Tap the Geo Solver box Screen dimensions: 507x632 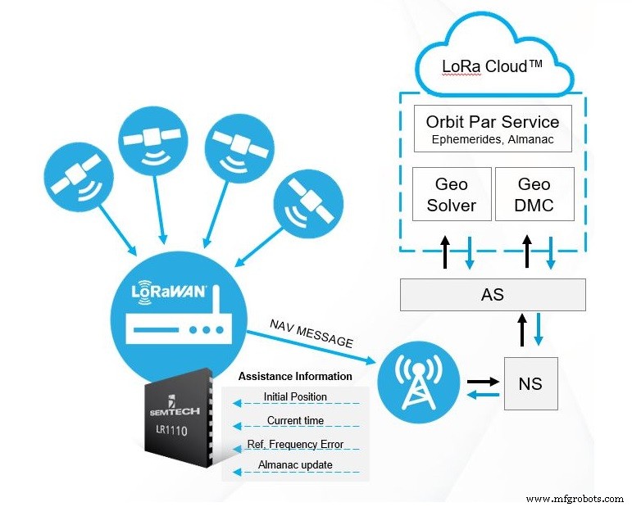[x=451, y=194]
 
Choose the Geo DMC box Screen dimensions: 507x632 [x=534, y=194]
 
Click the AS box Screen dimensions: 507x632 [x=493, y=295]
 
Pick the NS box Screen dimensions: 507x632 [x=530, y=383]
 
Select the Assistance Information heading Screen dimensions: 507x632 [x=295, y=377]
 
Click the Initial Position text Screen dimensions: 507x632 [x=295, y=397]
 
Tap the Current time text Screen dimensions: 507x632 [x=295, y=420]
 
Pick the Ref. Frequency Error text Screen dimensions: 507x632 [x=295, y=444]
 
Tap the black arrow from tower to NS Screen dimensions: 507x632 [x=484, y=381]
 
